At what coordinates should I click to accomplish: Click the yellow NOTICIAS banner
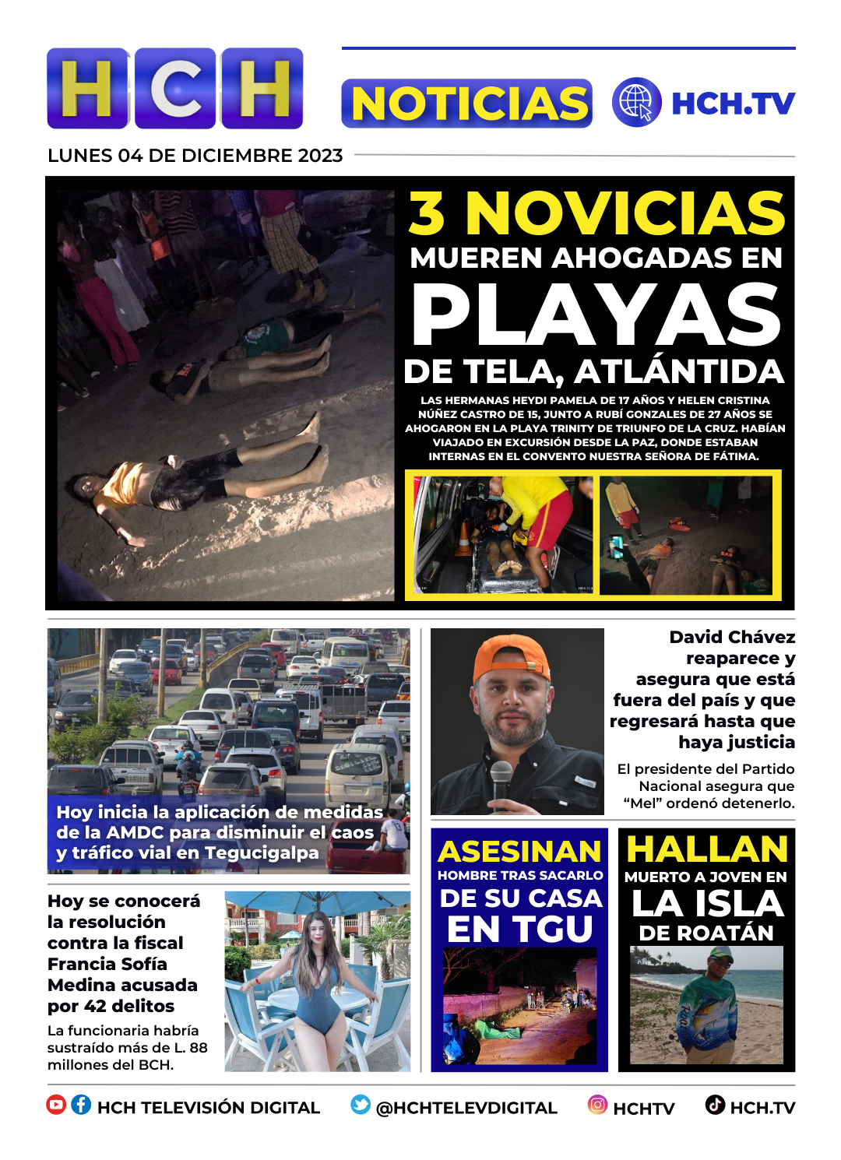point(467,104)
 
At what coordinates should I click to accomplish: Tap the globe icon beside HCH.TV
point(636,102)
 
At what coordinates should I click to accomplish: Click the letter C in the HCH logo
point(175,88)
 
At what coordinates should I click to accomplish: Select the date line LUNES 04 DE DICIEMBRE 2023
point(195,156)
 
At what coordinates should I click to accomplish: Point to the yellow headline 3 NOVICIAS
point(596,213)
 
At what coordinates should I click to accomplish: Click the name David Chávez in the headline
point(732,638)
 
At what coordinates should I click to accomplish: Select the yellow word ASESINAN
point(519,852)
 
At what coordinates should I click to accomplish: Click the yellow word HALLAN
point(707,849)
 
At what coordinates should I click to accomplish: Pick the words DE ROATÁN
point(706,933)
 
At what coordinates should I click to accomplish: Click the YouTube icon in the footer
point(56,1105)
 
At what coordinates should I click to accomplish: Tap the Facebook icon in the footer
point(81,1105)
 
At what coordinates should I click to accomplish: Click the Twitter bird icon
point(361,1105)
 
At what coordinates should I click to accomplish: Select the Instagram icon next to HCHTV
point(597,1105)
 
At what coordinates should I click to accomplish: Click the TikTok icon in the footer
point(715,1105)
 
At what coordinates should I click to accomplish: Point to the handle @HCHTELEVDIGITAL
point(466,1108)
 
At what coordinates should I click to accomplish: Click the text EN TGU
point(519,929)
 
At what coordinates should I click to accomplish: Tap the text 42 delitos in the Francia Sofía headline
point(129,1006)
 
